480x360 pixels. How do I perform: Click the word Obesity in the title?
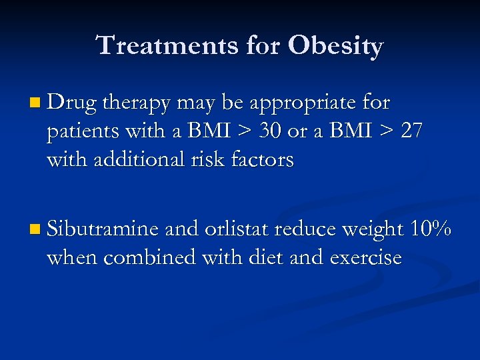[x=335, y=46]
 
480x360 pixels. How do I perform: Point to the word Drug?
[x=72, y=104]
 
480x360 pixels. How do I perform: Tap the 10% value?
[x=431, y=229]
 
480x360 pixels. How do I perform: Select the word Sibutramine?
[x=102, y=229]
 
